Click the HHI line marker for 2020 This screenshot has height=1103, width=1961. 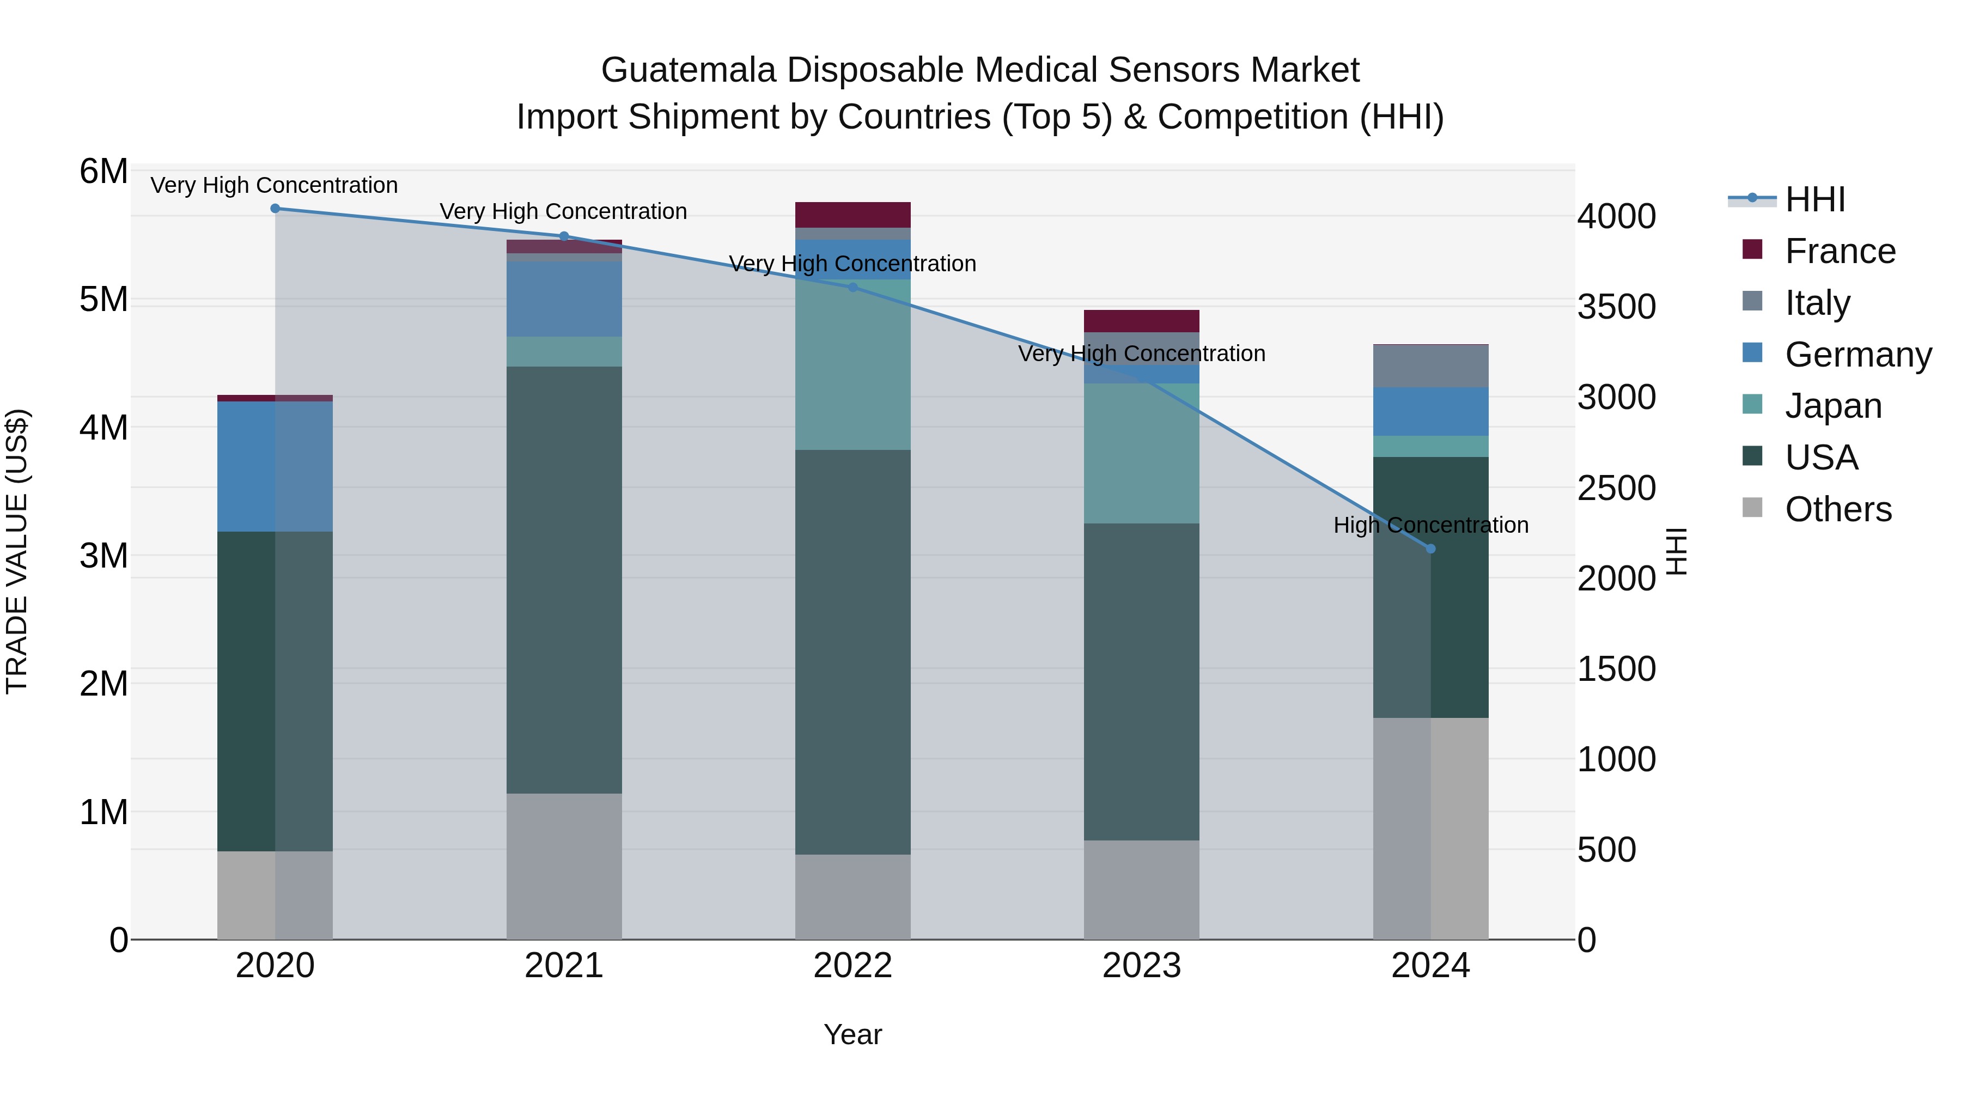pos(275,209)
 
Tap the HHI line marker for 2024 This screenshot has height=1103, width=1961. pos(1430,549)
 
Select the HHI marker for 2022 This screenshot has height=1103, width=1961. pos(852,288)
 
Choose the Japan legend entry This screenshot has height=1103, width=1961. pos(1832,406)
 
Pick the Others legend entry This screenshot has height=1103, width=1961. pos(1838,509)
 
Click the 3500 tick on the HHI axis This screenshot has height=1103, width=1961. pos(1616,307)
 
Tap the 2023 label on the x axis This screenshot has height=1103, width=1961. pos(1141,966)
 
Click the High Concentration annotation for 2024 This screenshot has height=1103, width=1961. pos(1430,525)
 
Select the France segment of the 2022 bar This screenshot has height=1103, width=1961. pos(852,215)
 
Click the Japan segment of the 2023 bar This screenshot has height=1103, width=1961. pos(1141,453)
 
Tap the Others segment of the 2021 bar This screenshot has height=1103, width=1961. pos(564,866)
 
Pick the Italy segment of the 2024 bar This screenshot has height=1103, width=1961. pos(1430,366)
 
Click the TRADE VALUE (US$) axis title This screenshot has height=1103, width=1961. pos(17,551)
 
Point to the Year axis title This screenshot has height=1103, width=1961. pos(852,1034)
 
